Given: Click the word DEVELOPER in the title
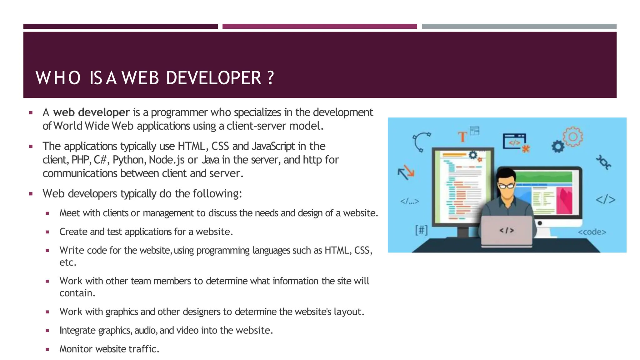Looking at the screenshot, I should click(x=213, y=78).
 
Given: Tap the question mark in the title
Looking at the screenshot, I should click(x=271, y=78).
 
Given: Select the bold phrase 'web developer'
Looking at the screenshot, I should click(x=91, y=112).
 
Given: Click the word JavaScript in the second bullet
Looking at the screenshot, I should click(x=273, y=146).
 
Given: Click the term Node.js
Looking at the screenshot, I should click(x=167, y=160).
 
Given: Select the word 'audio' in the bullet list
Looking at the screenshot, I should click(x=146, y=330).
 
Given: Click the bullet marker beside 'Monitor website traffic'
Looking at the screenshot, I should click(x=47, y=349).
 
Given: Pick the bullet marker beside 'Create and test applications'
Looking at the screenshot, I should click(x=47, y=232).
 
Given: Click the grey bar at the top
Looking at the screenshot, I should click(x=519, y=27).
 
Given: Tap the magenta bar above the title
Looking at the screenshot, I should click(x=319, y=27).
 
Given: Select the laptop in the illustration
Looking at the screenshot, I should click(x=507, y=231).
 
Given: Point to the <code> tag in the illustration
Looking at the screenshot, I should click(x=592, y=232).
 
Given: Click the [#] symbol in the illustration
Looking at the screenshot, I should click(x=421, y=231).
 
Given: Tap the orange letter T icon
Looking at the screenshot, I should click(x=462, y=137).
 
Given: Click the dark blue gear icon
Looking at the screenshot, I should click(x=558, y=147).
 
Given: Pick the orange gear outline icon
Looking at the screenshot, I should click(x=573, y=137).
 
